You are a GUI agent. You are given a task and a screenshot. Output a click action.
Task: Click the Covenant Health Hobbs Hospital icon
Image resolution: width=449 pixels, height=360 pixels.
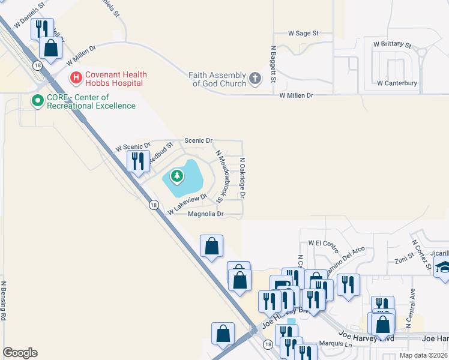pos(76,77)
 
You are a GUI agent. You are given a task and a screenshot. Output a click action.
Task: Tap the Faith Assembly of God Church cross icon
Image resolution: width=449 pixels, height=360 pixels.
pos(255,78)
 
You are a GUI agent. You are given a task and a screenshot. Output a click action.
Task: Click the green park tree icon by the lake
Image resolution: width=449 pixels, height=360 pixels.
pos(176,176)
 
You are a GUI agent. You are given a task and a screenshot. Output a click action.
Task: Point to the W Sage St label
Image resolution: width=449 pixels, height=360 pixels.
pos(303,34)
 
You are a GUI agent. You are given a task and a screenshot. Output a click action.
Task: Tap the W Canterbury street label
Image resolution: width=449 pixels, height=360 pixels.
pos(397,83)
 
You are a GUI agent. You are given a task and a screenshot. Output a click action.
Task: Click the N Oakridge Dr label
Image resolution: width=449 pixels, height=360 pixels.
pos(243,178)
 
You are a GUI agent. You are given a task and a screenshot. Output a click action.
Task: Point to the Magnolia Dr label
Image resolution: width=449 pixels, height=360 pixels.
pos(206,214)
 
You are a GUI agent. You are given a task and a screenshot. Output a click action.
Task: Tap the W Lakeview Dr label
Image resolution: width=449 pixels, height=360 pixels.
pos(187,205)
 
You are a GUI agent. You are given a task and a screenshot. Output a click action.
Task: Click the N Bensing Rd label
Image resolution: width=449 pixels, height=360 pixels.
pos(4,300)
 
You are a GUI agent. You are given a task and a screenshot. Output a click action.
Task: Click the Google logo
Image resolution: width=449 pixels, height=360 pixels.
pos(20,353)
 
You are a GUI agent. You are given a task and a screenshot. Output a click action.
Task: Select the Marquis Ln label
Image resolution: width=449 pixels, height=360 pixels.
pos(336,344)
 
